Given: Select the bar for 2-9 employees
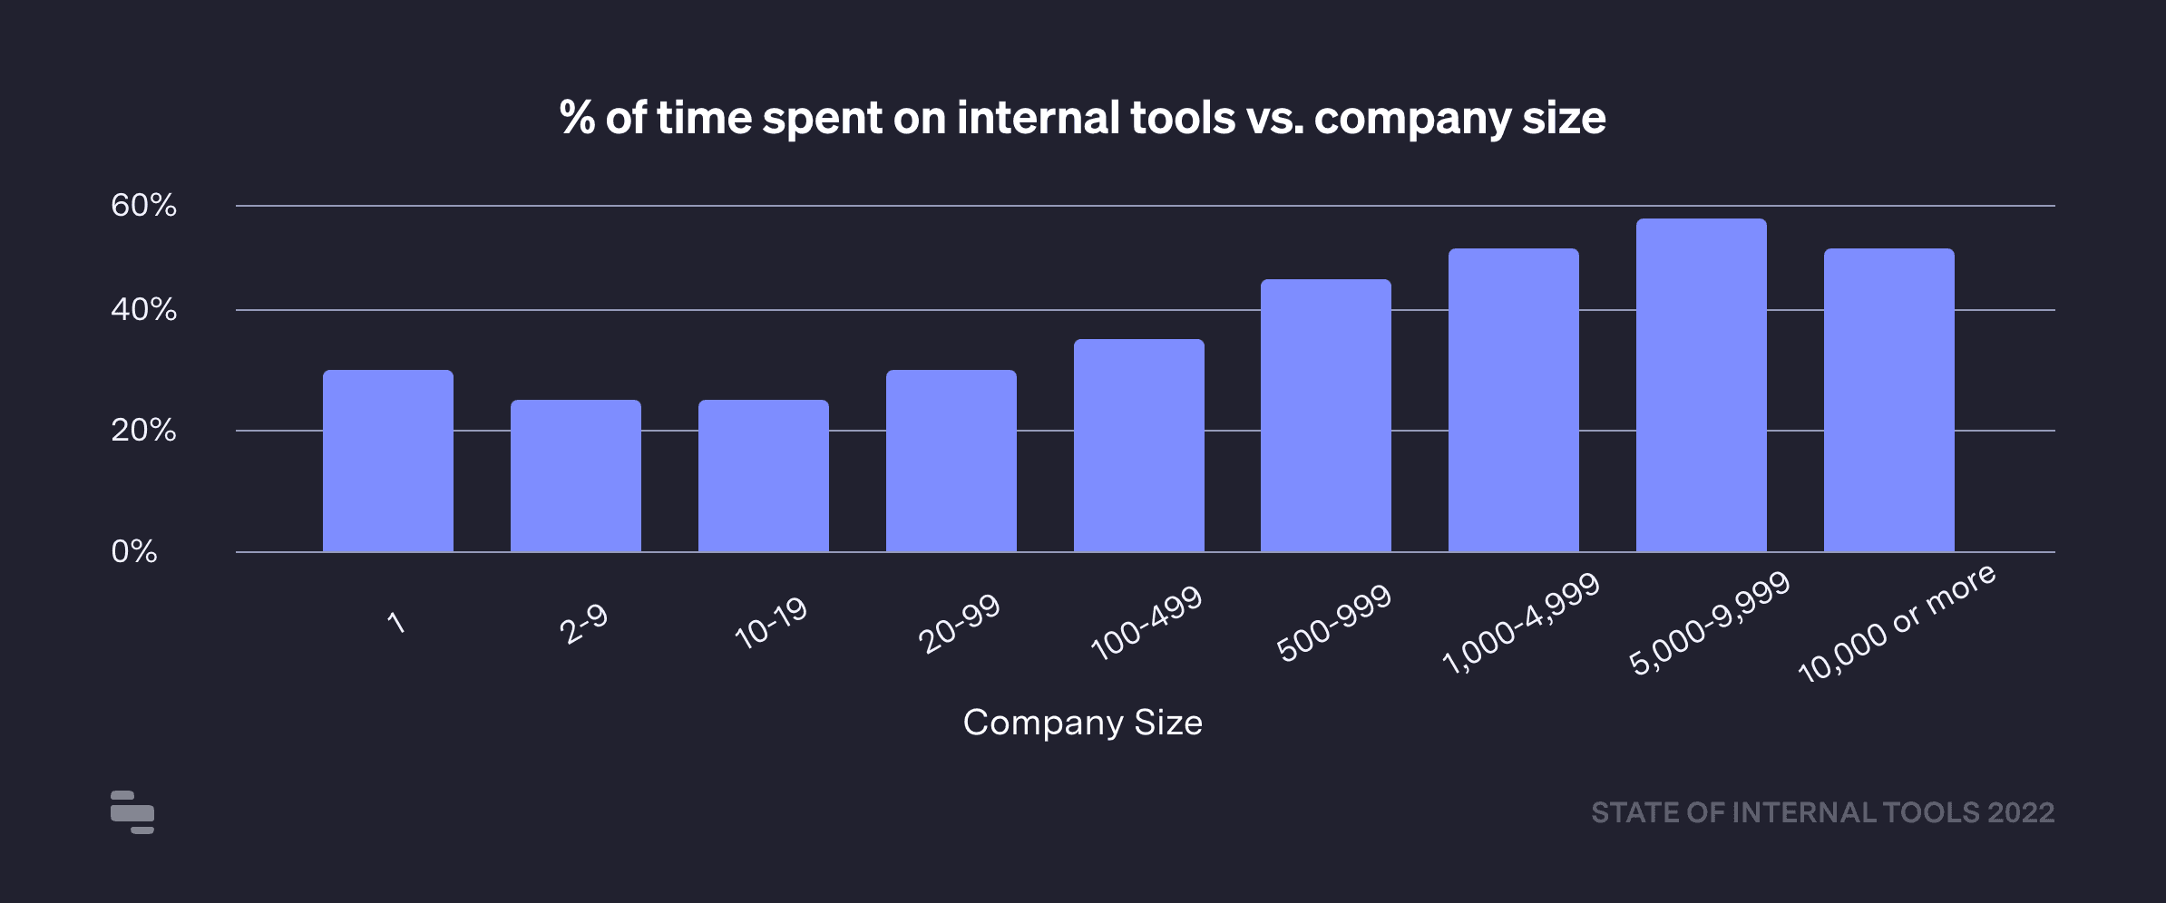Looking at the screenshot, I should [576, 475].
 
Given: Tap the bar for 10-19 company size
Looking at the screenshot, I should [764, 475].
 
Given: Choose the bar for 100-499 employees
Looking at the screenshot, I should [1139, 445].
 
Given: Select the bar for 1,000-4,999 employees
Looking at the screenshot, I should [1514, 400].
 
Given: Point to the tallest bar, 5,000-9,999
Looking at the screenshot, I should [1702, 385].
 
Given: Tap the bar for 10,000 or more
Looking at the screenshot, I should [1889, 400].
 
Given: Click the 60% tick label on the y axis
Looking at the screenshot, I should [143, 206].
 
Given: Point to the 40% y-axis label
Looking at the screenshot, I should [143, 310].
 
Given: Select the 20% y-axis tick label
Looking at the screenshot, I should [143, 431].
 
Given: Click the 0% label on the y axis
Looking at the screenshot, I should [134, 551].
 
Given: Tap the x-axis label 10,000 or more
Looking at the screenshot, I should [1897, 623].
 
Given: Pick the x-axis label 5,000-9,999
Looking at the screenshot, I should [1710, 624].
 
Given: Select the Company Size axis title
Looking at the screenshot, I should [1082, 723].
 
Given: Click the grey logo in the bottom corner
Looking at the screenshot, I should [132, 811].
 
